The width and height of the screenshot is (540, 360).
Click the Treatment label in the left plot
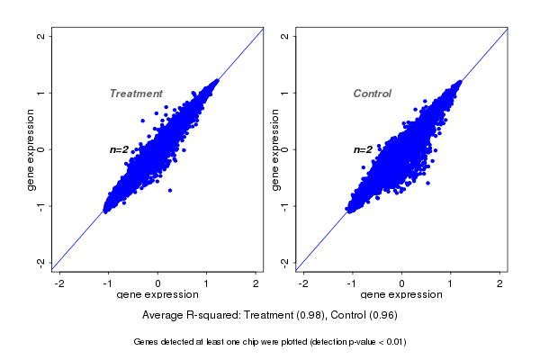coord(136,94)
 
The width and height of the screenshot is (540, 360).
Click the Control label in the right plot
coord(372,94)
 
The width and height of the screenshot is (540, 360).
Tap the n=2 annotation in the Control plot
coord(363,149)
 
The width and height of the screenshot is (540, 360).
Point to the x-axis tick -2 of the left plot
coord(60,283)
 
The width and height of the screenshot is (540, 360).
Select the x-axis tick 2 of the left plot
coord(256,283)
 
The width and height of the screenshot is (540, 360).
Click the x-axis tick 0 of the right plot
coord(401,283)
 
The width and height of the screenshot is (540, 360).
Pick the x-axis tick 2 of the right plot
coord(499,283)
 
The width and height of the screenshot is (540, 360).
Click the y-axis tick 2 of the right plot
coord(284,36)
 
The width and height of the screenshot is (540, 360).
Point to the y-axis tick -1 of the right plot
coord(284,205)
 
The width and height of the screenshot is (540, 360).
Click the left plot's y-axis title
coord(31,149)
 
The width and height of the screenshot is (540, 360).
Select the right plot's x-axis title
coord(401,295)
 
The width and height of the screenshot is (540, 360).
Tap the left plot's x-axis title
coord(158,295)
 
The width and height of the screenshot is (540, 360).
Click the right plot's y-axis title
coord(274,149)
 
